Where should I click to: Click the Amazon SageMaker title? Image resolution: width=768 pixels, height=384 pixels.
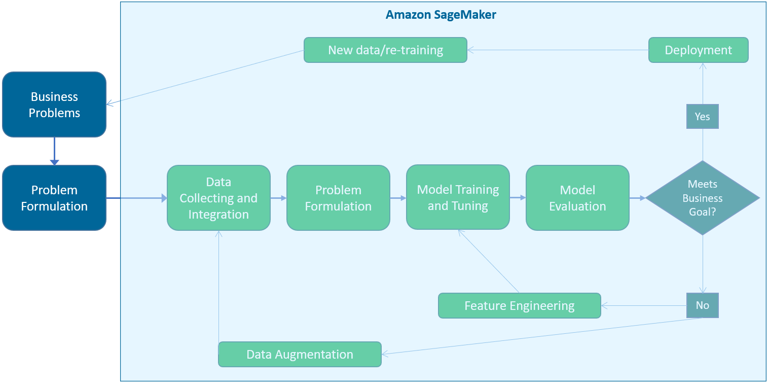441,15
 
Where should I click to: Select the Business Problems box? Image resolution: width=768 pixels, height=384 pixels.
54,104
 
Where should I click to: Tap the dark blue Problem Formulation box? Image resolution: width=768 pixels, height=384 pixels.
54,198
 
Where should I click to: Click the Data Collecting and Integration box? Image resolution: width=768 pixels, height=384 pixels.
218,198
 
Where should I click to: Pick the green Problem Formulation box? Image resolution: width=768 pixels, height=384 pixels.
338,198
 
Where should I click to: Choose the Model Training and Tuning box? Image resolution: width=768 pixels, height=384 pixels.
458,197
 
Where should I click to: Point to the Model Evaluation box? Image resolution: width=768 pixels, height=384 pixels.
577,198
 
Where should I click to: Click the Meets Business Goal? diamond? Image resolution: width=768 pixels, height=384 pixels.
702,198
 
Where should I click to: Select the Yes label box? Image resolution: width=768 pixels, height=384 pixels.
702,116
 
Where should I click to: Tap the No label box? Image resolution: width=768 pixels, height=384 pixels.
702,305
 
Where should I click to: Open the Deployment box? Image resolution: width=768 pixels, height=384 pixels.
698,50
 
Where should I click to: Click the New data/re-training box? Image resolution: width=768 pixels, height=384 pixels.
385,50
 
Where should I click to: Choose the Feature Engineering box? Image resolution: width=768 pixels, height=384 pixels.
519,306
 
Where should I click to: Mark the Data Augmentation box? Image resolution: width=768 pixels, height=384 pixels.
300,354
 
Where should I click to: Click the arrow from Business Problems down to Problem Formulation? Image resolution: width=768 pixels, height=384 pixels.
54,151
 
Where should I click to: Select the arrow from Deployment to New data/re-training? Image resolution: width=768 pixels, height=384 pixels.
558,50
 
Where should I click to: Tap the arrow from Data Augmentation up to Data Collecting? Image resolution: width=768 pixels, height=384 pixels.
218,287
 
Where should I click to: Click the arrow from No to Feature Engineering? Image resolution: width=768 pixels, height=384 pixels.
643,306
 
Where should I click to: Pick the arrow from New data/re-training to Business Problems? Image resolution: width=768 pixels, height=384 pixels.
205,77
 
